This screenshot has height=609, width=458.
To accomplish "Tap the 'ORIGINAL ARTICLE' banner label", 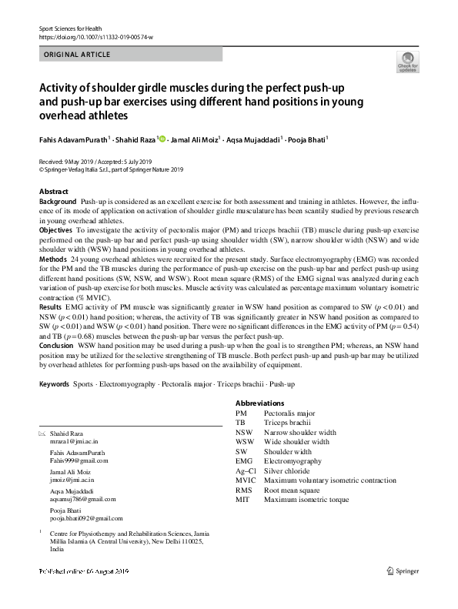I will (x=77, y=55).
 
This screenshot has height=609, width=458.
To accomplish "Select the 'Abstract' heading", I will (x=53, y=191).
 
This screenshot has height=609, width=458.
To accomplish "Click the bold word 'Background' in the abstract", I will (x=58, y=200).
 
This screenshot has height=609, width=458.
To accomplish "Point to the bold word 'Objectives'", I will (x=56, y=230).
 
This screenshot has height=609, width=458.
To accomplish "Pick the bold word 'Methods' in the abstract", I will (x=53, y=260).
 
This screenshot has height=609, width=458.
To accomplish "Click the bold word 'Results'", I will (x=51, y=307).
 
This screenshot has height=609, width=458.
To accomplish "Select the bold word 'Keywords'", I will (x=54, y=383).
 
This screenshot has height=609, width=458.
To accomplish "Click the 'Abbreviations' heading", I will (x=259, y=403).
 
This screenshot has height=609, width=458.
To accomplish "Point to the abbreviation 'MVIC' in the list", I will (x=246, y=480).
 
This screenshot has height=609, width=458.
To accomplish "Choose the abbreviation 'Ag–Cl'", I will (x=246, y=470).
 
